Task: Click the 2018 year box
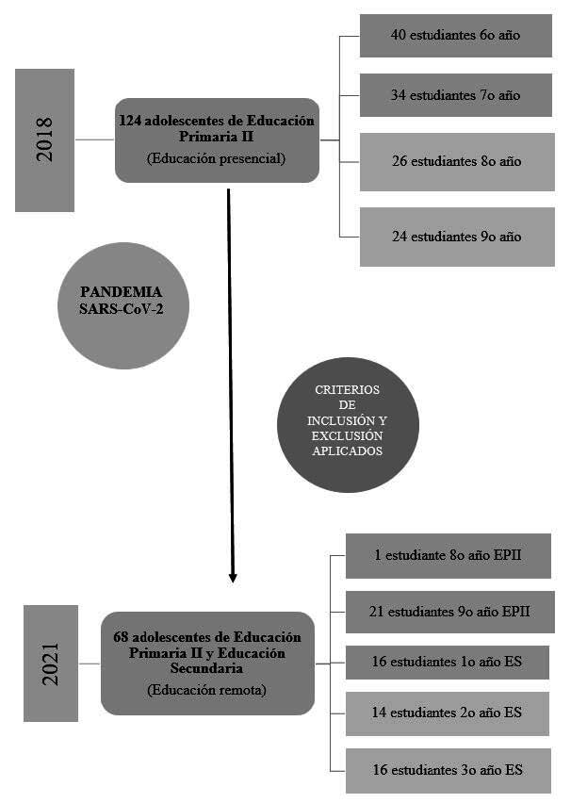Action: pos(44,139)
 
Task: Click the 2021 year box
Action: pos(50,663)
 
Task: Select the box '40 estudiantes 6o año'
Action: pos(456,35)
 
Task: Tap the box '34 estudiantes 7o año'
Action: pos(456,95)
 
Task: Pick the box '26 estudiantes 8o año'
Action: pos(456,161)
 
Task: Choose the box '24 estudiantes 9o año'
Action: pos(456,237)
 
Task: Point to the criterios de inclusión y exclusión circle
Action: pos(348,425)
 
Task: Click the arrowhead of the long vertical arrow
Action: pos(233,576)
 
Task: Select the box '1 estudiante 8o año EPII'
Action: pos(448,556)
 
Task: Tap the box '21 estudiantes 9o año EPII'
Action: pos(448,612)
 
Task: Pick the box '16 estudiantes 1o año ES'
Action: pos(448,663)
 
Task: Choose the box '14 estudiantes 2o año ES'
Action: pos(448,713)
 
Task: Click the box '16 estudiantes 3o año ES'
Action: pos(448,770)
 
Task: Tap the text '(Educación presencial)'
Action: pos(217,158)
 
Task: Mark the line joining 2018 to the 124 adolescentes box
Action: pos(94,139)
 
